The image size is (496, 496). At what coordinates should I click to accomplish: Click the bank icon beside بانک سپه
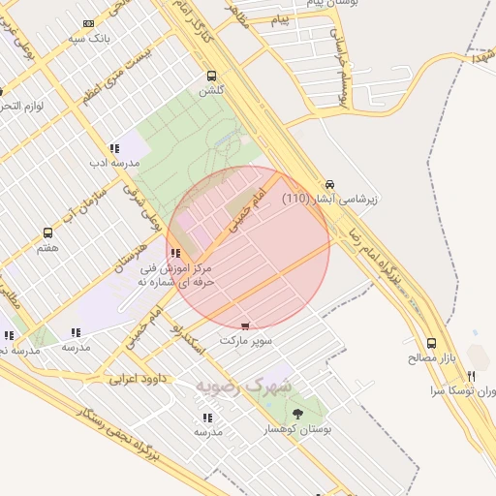(89, 23)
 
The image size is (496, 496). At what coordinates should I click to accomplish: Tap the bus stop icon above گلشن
(211, 76)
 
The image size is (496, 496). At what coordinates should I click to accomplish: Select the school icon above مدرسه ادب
(114, 149)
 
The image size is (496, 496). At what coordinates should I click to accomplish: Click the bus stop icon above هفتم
(47, 233)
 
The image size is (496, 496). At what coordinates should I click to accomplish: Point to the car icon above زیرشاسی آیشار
(329, 183)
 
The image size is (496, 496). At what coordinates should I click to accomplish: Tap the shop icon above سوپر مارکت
(245, 326)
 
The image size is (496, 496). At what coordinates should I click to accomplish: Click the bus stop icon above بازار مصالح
(432, 343)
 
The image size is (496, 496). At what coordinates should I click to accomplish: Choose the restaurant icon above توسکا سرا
(471, 376)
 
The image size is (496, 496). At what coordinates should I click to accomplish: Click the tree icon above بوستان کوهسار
(297, 414)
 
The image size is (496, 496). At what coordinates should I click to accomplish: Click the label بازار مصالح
(432, 358)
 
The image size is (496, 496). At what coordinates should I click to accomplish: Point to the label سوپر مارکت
(246, 341)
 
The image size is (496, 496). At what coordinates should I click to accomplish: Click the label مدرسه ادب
(115, 163)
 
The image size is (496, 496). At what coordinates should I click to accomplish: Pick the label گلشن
(211, 90)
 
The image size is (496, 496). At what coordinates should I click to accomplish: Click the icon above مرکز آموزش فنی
(174, 254)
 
